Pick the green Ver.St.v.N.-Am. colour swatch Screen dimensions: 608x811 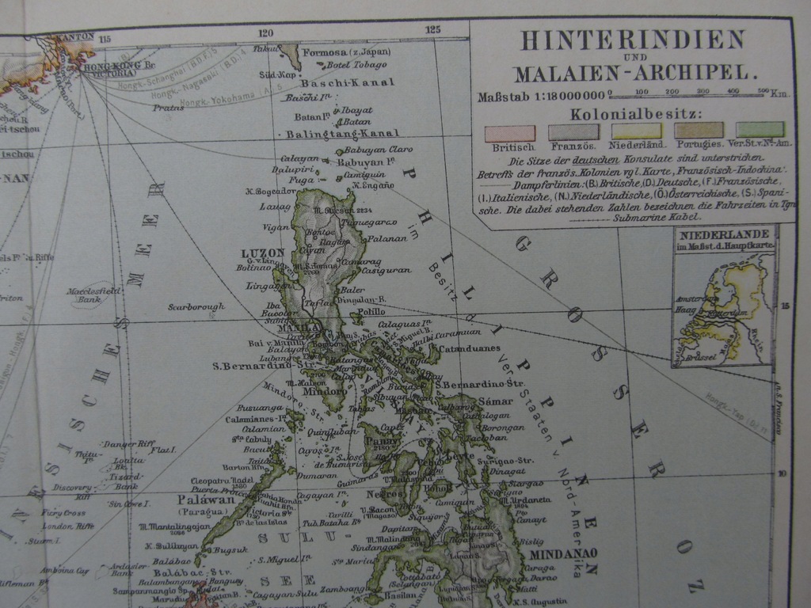[760, 130]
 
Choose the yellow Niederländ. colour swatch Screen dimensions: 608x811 [635, 131]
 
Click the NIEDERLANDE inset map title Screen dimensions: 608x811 [724, 234]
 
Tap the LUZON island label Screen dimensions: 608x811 [262, 253]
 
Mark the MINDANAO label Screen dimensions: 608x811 [564, 553]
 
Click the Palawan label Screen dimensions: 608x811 [207, 500]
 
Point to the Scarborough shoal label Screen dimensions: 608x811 [196, 306]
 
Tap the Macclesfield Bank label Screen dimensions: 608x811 [93, 294]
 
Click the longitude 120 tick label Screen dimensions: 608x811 [265, 32]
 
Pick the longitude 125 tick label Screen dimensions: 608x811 [432, 30]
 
